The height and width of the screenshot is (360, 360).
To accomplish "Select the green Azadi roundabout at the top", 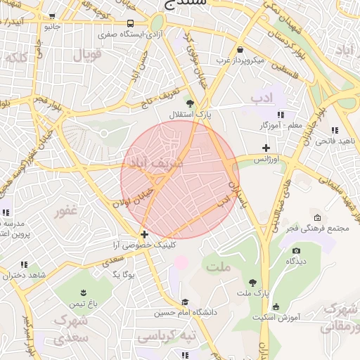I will point(157,23).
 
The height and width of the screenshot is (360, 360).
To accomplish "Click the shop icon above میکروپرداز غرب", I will point(241,50).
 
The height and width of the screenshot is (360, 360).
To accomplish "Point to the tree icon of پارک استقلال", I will point(188,103).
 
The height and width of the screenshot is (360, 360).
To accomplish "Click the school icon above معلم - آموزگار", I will point(281,115).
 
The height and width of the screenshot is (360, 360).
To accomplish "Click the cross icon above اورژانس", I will point(266,148).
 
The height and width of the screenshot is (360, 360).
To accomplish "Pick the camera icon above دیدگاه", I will point(296,250).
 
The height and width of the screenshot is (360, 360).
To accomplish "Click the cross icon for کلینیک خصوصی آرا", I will point(144,234).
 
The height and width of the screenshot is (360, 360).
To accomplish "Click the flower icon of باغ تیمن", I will point(82,292).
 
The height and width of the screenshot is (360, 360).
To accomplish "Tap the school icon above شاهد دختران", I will point(24,264).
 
